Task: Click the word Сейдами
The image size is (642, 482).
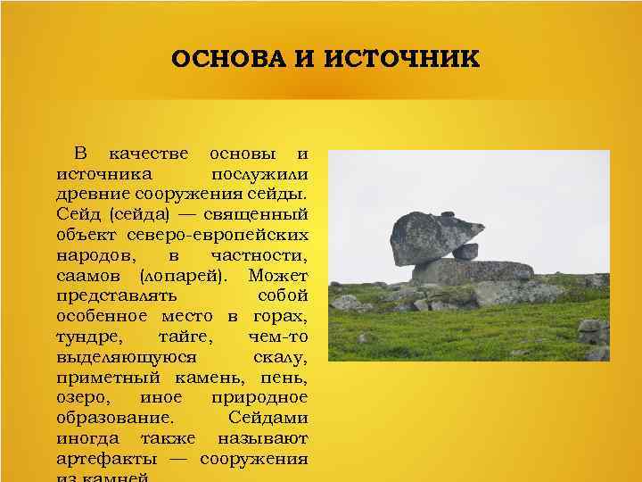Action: point(267,419)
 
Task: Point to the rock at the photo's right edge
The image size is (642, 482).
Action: point(593,332)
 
